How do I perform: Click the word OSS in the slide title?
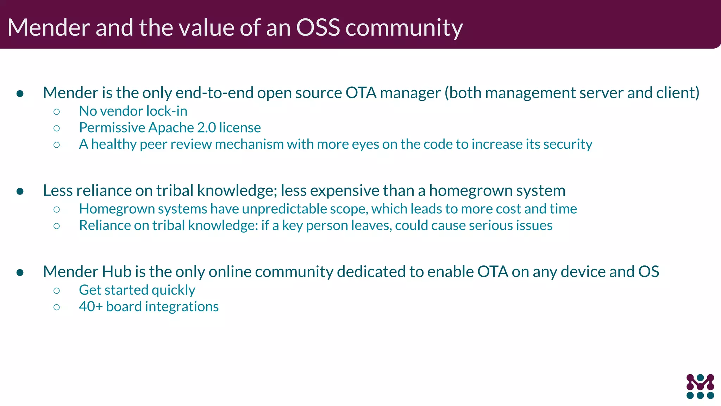(318, 27)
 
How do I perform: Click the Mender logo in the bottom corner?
(700, 386)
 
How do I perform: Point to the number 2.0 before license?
(206, 128)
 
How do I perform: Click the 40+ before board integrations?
(90, 307)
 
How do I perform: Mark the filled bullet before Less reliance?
(20, 191)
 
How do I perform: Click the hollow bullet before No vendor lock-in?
(57, 112)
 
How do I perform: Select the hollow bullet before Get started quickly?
(57, 290)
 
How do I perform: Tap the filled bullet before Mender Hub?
(20, 272)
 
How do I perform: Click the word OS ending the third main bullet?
(648, 272)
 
